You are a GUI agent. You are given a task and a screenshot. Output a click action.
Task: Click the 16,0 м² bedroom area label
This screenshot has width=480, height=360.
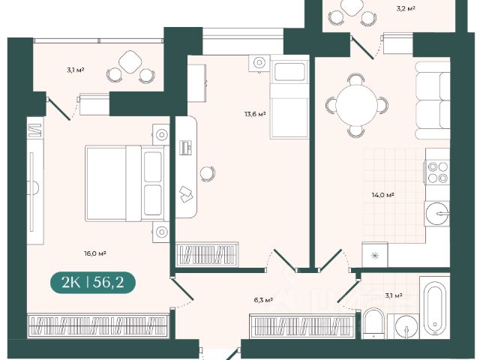tap(95, 253)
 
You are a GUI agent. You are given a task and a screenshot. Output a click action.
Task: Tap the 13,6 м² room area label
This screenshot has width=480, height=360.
tap(255, 114)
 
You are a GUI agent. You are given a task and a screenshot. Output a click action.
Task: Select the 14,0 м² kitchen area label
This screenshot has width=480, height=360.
tap(382, 195)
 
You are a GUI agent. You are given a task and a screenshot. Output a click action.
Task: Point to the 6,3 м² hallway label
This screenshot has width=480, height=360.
tap(263, 300)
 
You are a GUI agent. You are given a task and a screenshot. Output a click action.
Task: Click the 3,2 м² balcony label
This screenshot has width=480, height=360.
tap(406, 8)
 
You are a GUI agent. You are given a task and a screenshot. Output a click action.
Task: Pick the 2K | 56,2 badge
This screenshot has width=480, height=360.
tap(93, 282)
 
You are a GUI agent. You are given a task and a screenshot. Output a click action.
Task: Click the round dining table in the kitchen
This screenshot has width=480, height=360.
tap(357, 105)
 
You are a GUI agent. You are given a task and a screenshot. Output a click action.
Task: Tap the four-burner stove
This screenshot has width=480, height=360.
tap(437, 172)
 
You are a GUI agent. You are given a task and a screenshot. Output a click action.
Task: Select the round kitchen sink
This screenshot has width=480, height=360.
tap(437, 213)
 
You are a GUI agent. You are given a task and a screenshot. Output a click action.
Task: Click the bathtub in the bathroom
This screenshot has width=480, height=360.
tap(435, 307)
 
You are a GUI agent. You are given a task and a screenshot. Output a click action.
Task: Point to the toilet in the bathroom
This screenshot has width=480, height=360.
tap(373, 323)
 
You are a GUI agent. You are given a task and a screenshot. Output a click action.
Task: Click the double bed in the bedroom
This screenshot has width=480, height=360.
tap(127, 183)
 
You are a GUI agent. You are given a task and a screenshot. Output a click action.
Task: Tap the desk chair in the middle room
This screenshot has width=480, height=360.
tap(208, 173)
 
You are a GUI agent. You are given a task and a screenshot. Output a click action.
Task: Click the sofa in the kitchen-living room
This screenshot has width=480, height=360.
tap(433, 100)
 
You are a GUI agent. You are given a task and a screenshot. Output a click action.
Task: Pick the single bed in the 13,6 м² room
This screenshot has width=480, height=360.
tap(289, 97)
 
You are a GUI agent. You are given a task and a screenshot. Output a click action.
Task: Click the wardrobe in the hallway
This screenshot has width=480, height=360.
tap(301, 326)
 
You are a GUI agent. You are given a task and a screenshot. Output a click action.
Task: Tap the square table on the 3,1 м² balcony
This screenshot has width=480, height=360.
tap(130, 61)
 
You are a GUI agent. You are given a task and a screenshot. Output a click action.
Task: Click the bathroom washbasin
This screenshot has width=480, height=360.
tap(406, 327)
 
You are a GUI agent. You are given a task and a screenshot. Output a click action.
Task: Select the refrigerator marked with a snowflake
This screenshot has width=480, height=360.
tap(375, 255)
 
